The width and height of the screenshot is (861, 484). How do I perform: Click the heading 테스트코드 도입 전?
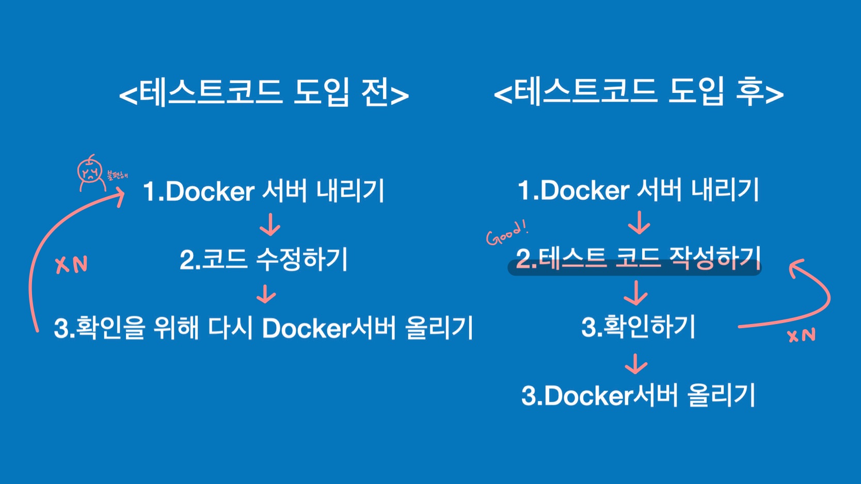(264, 93)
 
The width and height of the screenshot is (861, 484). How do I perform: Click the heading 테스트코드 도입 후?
(639, 93)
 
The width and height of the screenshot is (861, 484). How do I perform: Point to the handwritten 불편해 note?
(117, 175)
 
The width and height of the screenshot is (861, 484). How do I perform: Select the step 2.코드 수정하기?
(264, 259)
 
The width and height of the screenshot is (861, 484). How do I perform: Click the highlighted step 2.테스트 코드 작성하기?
(638, 258)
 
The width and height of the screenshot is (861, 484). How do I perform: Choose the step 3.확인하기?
(638, 327)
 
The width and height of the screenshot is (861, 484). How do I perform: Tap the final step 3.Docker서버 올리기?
(638, 396)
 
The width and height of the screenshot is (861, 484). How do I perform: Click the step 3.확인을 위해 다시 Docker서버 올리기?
(263, 328)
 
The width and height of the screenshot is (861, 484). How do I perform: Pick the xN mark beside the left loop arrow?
(71, 265)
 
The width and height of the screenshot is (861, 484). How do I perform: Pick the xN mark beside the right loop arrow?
(801, 335)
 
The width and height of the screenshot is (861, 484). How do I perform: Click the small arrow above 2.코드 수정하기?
(270, 225)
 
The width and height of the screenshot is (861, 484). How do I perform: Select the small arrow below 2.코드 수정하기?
(266, 294)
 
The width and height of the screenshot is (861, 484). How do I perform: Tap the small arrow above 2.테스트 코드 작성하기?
(639, 222)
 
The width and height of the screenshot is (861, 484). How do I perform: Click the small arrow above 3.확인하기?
(636, 293)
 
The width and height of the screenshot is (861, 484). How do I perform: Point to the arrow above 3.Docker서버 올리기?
(636, 364)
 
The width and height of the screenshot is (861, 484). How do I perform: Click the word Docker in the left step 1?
(210, 191)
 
